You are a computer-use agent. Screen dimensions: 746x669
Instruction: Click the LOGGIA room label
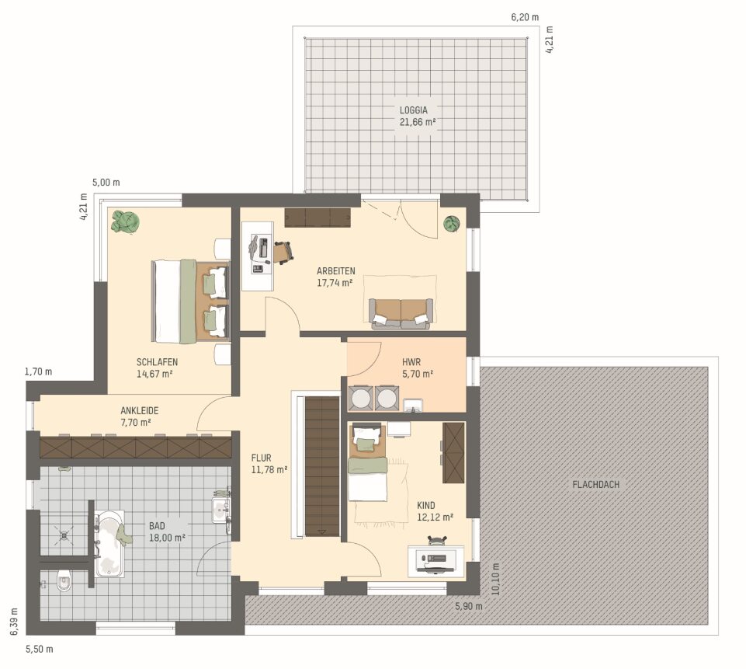(414, 110)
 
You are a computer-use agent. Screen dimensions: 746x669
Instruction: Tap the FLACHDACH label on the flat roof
(595, 485)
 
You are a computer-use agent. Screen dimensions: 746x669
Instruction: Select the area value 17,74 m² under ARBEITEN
(335, 283)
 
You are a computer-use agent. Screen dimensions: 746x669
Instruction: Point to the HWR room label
(411, 362)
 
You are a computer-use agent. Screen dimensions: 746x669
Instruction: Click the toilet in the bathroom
(64, 581)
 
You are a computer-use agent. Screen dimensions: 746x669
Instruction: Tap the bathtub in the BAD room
(109, 544)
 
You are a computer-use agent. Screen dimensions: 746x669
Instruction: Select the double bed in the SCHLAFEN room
(190, 301)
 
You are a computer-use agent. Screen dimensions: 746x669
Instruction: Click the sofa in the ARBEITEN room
(401, 314)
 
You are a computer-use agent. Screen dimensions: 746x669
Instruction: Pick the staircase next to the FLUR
(322, 467)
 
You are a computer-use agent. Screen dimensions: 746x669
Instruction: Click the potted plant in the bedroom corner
(126, 222)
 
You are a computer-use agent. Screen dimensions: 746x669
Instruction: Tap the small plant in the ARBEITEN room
(452, 223)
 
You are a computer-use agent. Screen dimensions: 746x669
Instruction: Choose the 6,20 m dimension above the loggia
(525, 18)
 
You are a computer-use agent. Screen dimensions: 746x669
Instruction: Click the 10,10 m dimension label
(495, 579)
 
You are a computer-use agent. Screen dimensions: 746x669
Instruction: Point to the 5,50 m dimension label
(39, 649)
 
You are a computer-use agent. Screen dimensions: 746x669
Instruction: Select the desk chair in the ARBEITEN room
(283, 253)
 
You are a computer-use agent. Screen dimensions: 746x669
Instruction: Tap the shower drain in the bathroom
(64, 535)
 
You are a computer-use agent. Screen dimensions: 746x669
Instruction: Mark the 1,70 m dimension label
(38, 372)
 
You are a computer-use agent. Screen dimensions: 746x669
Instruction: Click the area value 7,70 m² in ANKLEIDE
(136, 423)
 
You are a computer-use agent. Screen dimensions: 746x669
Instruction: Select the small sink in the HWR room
(412, 406)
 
